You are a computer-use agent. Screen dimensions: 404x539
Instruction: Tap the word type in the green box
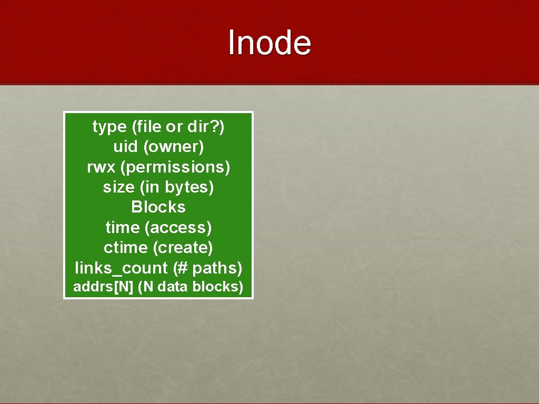[109, 127]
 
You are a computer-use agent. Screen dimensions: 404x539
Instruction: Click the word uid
[125, 147]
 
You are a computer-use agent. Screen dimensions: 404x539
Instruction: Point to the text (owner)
[173, 147]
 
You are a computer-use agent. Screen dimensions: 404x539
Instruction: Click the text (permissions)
[175, 167]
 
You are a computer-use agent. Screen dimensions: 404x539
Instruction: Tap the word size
[118, 187]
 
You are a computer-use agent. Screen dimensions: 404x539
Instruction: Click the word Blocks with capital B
[158, 207]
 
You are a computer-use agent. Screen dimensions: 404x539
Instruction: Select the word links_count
[121, 268]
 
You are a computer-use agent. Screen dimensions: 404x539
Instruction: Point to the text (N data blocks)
[191, 287]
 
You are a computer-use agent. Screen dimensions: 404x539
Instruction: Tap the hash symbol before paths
[182, 268]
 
